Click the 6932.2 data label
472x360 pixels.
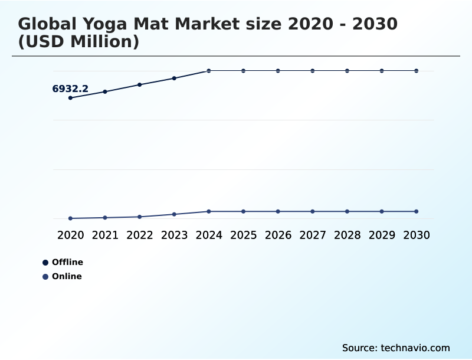tap(70, 89)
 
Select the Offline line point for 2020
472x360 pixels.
tap(70, 98)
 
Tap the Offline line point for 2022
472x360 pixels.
tap(140, 84)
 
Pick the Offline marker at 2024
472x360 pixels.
tap(209, 71)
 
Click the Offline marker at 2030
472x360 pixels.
tap(416, 71)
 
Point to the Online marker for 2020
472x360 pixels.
tap(70, 218)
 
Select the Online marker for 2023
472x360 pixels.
tap(174, 214)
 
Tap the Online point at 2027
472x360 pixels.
tap(313, 211)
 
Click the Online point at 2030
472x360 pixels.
tap(416, 211)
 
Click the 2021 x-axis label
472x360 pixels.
tap(105, 235)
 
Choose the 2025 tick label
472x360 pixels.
tap(243, 235)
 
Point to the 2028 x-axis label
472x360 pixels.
tap(347, 235)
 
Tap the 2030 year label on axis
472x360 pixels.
tap(416, 235)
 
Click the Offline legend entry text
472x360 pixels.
tap(67, 262)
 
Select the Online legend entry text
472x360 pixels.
tap(67, 276)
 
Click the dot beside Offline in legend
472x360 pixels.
tap(45, 263)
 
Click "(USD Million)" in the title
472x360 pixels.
tap(78, 42)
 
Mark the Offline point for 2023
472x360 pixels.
tap(174, 78)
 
